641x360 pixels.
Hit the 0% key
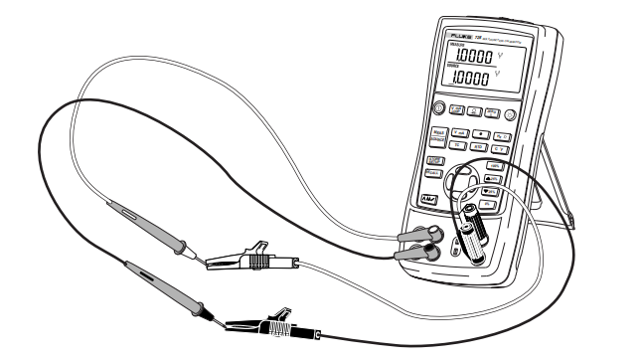490,206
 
